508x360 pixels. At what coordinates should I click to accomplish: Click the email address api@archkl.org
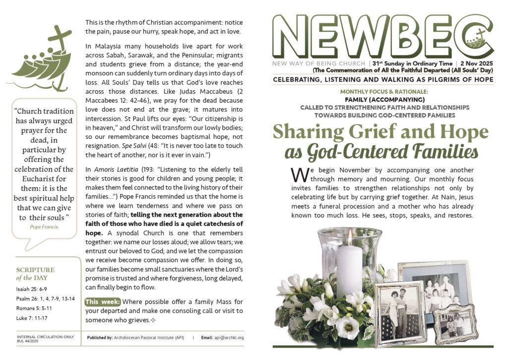tap(229, 338)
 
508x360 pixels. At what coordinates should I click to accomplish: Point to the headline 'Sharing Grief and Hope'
tap(381, 132)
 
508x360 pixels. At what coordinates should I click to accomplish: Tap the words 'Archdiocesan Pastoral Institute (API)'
tap(149, 338)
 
